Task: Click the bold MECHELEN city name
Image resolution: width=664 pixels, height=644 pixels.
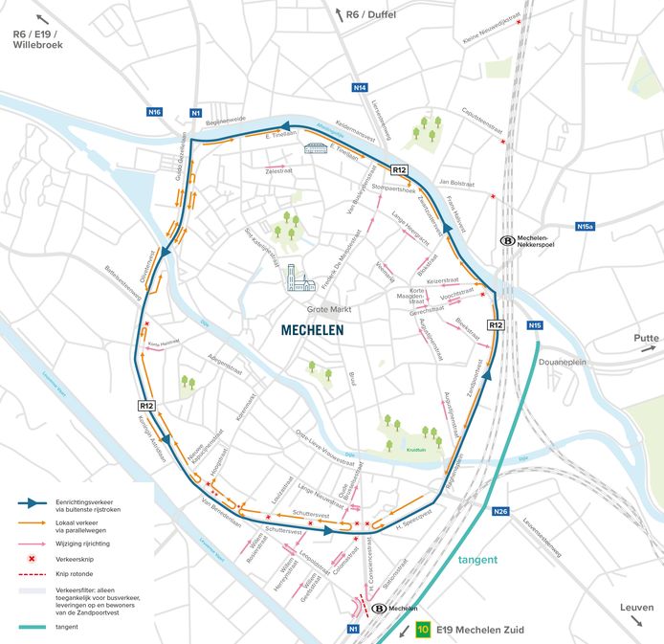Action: [312, 330]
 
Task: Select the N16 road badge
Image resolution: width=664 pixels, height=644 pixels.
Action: [154, 112]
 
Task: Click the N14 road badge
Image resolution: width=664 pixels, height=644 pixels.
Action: [359, 88]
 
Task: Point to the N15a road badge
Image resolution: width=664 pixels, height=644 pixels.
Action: [586, 226]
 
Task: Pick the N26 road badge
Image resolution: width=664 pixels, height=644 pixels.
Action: [500, 512]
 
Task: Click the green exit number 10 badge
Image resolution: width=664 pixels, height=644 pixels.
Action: [423, 630]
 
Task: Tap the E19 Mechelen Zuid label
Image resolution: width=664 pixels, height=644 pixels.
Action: [478, 630]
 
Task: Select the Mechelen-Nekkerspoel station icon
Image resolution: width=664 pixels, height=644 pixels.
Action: [507, 242]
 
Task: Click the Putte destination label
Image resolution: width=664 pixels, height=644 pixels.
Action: [647, 339]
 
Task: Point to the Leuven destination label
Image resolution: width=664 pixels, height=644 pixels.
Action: [637, 608]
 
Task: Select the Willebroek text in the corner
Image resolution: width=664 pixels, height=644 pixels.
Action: [34, 43]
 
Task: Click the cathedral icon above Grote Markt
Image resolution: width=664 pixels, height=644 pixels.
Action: [300, 278]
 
